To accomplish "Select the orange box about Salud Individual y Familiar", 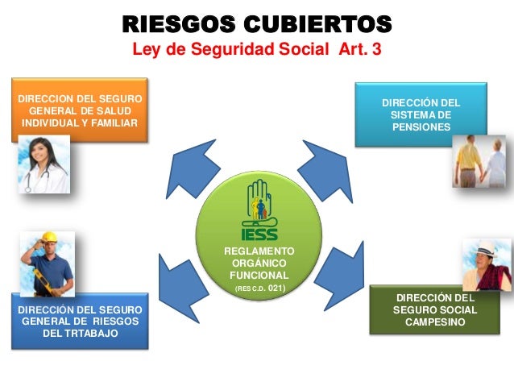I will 79,110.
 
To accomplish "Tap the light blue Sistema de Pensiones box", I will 421,114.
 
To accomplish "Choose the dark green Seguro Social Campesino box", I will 435,310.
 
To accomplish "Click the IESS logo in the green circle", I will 259,210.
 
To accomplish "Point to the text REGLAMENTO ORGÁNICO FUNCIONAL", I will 259,264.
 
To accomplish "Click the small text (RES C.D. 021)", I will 259,287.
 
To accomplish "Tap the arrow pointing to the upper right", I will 326,165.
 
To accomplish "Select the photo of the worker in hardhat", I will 47,264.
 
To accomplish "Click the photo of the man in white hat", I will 487,264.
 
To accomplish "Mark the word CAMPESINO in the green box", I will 435,323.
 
